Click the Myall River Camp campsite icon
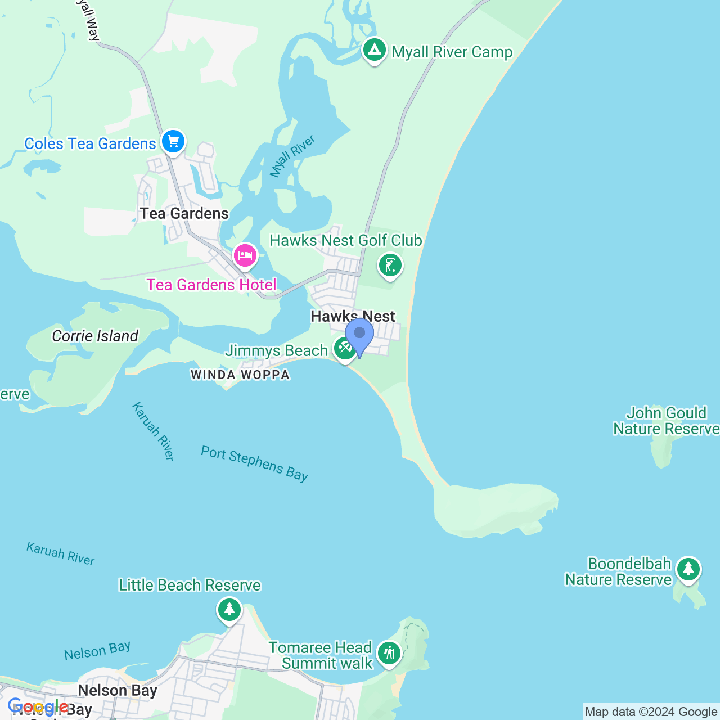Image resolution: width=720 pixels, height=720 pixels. [x=374, y=50]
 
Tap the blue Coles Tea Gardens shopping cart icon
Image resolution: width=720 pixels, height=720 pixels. [x=173, y=141]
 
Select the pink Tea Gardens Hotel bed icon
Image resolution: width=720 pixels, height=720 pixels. [x=245, y=255]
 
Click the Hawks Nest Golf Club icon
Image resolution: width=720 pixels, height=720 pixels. [x=390, y=265]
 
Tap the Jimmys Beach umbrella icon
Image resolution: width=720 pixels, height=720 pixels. [x=345, y=349]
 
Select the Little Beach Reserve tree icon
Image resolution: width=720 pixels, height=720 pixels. [x=229, y=610]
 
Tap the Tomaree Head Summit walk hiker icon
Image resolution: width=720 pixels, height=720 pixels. [x=389, y=654]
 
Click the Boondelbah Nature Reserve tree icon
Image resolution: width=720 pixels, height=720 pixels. [x=688, y=570]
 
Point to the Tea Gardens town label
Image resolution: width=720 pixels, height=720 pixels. [x=184, y=214]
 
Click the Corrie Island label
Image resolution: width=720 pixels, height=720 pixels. [x=95, y=336]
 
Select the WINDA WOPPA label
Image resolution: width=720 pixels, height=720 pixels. [x=240, y=375]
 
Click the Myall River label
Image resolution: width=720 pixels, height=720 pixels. [x=292, y=156]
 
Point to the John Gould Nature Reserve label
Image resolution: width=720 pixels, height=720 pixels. [x=666, y=421]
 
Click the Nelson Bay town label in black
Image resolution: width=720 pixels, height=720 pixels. [x=118, y=691]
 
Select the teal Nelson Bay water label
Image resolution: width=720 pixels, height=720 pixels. [x=97, y=651]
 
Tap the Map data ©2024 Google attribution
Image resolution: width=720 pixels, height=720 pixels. [x=651, y=712]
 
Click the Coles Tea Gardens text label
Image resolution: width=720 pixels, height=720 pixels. [x=90, y=144]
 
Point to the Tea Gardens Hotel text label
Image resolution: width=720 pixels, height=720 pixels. [x=211, y=285]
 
